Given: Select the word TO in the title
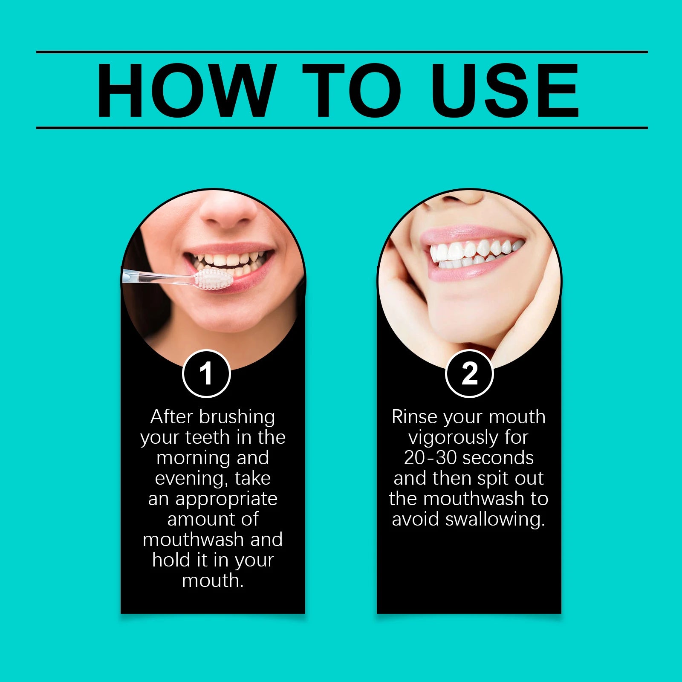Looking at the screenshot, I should (352, 90).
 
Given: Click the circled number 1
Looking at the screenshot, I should (206, 374).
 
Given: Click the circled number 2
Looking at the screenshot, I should (469, 374).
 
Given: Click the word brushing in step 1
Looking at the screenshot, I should (237, 417).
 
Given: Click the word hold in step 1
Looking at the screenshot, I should (171, 560).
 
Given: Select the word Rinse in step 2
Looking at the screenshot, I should (414, 417).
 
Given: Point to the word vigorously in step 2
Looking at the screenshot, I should (453, 438).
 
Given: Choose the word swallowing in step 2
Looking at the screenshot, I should (494, 520).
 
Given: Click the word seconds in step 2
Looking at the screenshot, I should (498, 458).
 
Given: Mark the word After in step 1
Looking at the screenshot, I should (172, 417).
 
